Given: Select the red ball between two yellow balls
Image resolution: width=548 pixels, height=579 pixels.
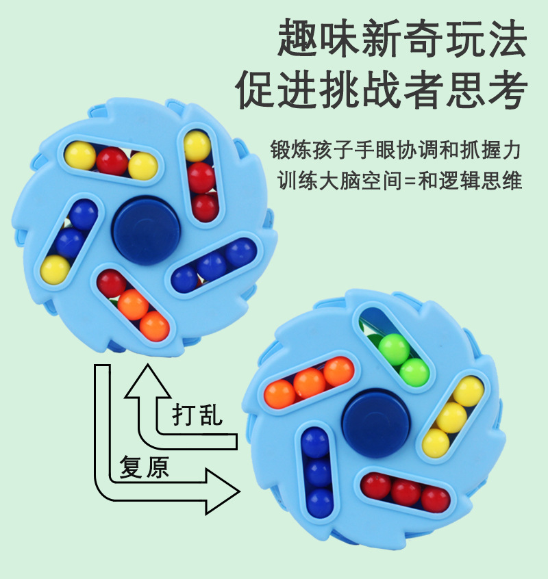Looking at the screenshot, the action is [x=112, y=162].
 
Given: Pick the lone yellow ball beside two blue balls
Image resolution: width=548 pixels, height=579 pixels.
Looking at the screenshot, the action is [x=55, y=268].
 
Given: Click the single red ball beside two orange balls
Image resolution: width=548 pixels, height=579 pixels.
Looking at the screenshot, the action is [x=111, y=283].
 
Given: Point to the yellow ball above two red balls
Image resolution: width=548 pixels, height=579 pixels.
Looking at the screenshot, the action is [x=197, y=145].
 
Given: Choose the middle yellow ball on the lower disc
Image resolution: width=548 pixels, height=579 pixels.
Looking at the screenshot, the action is [x=451, y=417].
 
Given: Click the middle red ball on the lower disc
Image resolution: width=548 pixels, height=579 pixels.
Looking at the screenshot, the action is [x=406, y=491].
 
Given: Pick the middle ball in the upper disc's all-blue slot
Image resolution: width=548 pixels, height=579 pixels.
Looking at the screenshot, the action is [x=212, y=265].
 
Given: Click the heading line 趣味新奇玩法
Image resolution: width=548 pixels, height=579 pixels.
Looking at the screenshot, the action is [x=403, y=39].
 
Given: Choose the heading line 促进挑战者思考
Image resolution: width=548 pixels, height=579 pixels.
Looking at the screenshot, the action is [x=383, y=89].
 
